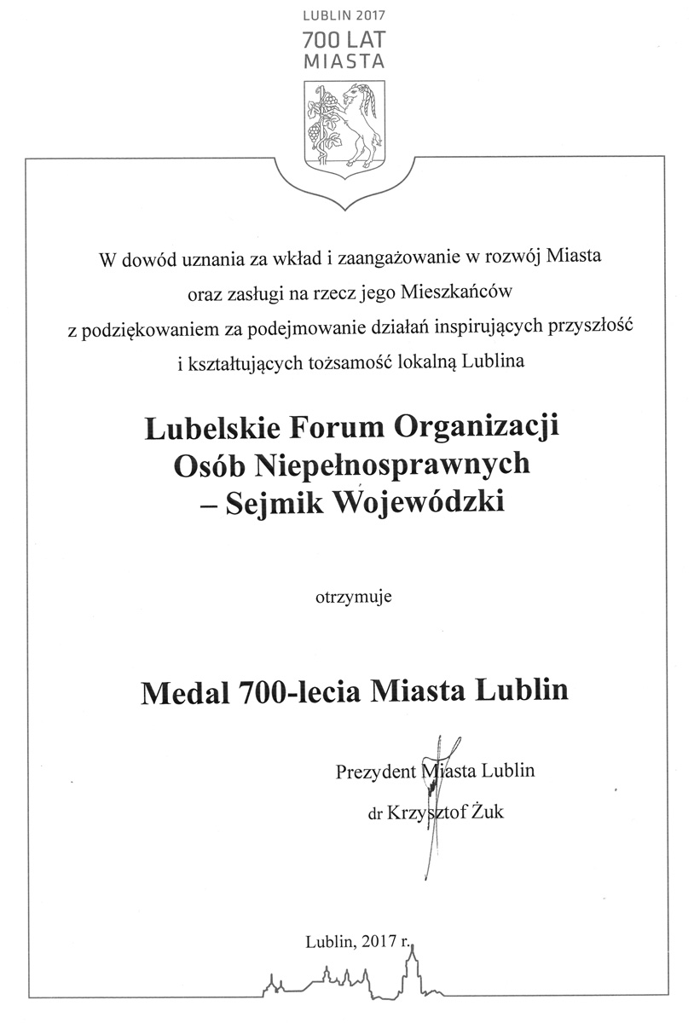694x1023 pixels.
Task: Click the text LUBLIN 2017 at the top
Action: pyautogui.click(x=344, y=15)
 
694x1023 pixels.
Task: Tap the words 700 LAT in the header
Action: pyautogui.click(x=344, y=39)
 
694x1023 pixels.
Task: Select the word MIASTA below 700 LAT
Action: pyautogui.click(x=344, y=61)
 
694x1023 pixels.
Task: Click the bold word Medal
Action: pyautogui.click(x=179, y=690)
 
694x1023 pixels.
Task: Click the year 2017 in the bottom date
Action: pyautogui.click(x=379, y=942)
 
